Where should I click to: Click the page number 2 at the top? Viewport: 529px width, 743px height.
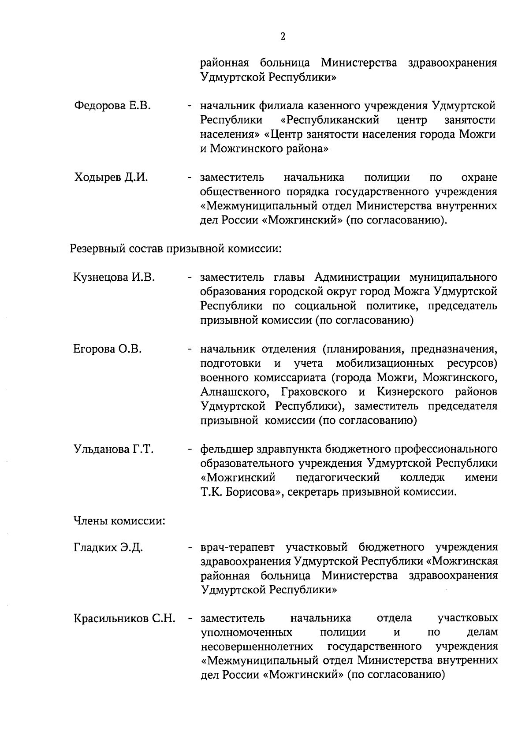pyautogui.click(x=283, y=37)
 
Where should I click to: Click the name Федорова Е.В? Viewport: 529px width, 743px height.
pyautogui.click(x=113, y=106)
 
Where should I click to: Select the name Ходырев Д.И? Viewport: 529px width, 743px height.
pyautogui.click(x=111, y=178)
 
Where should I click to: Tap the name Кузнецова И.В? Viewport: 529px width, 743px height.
pyautogui.click(x=114, y=277)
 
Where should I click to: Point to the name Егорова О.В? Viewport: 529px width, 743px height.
pyautogui.click(x=108, y=349)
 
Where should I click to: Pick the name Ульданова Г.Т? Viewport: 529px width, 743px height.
pyautogui.click(x=113, y=450)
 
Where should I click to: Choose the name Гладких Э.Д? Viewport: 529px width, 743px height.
pyautogui.click(x=108, y=548)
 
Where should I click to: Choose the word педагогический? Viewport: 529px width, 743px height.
pyautogui.click(x=338, y=478)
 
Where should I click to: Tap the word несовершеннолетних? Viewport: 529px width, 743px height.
pyautogui.click(x=257, y=646)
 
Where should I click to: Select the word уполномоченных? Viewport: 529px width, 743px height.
pyautogui.click(x=246, y=632)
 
